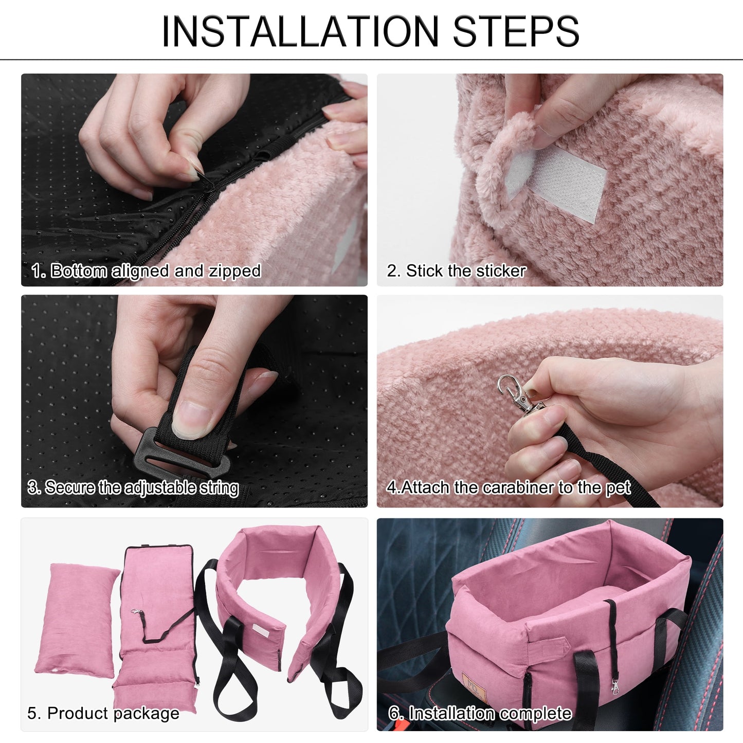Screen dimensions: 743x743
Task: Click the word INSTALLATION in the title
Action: (x=300, y=31)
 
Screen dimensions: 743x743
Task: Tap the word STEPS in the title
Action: (x=516, y=31)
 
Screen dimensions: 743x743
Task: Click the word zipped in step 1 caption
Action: (x=235, y=271)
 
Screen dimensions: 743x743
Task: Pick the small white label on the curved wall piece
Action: (x=261, y=630)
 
